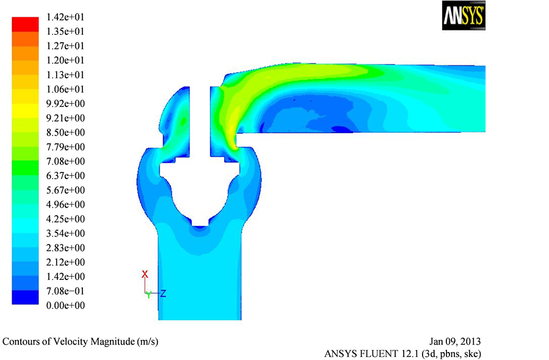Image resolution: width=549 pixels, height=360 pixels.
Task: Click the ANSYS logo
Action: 464,15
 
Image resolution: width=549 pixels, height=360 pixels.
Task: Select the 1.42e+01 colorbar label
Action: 65,17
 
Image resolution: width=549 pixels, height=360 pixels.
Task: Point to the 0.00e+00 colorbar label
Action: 65,306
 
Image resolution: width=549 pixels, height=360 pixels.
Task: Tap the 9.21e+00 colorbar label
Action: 65,118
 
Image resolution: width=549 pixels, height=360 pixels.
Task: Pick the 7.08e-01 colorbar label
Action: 65,291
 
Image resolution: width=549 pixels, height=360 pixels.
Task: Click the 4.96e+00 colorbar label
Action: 65,204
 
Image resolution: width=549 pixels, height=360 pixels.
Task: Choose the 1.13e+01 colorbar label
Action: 65,75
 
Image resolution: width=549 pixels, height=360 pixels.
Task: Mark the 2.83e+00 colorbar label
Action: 65,248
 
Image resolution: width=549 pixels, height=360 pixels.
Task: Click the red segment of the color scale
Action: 25,24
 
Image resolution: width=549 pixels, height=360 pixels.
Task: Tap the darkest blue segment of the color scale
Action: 25,297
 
